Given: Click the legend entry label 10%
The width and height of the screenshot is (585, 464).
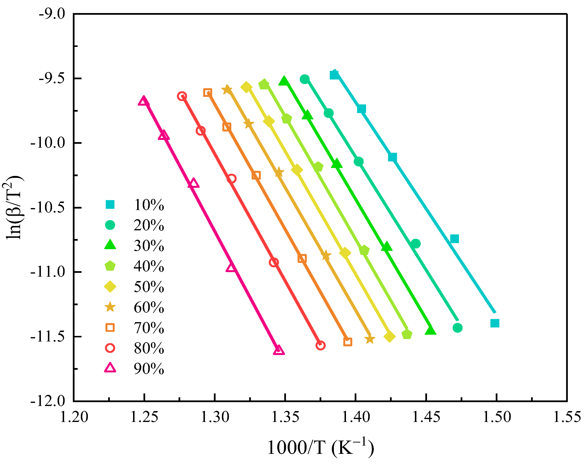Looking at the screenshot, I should (x=149, y=205).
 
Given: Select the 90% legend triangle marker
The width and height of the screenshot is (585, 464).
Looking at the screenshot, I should (x=110, y=368).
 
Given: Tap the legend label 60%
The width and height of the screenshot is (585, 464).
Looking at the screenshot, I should (x=149, y=307).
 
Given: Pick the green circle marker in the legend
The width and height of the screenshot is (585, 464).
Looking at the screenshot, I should (x=110, y=225).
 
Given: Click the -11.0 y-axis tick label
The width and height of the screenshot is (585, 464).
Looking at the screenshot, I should (x=48, y=272).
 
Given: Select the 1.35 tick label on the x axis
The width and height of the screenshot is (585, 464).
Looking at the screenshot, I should (x=285, y=417).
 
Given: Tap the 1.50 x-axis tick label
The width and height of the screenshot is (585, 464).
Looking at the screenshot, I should (x=496, y=417).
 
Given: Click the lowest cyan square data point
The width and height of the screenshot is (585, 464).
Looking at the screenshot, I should (x=495, y=323).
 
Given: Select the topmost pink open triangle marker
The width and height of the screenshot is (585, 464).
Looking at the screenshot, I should (x=143, y=101).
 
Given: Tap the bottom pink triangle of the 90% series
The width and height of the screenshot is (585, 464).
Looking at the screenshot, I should (x=279, y=350).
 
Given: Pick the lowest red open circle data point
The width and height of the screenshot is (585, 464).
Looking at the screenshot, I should (x=321, y=345).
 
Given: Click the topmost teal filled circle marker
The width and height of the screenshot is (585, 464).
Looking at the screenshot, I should (x=305, y=79).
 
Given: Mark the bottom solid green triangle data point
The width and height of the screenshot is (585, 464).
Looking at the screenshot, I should (x=430, y=331).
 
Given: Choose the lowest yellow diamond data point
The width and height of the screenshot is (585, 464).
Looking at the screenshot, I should (x=389, y=337).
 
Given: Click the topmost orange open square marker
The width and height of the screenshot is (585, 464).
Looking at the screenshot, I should (x=208, y=92).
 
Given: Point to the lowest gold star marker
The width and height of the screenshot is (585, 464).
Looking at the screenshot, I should (x=370, y=339).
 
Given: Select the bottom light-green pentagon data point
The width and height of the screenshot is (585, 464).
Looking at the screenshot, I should (x=407, y=335).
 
